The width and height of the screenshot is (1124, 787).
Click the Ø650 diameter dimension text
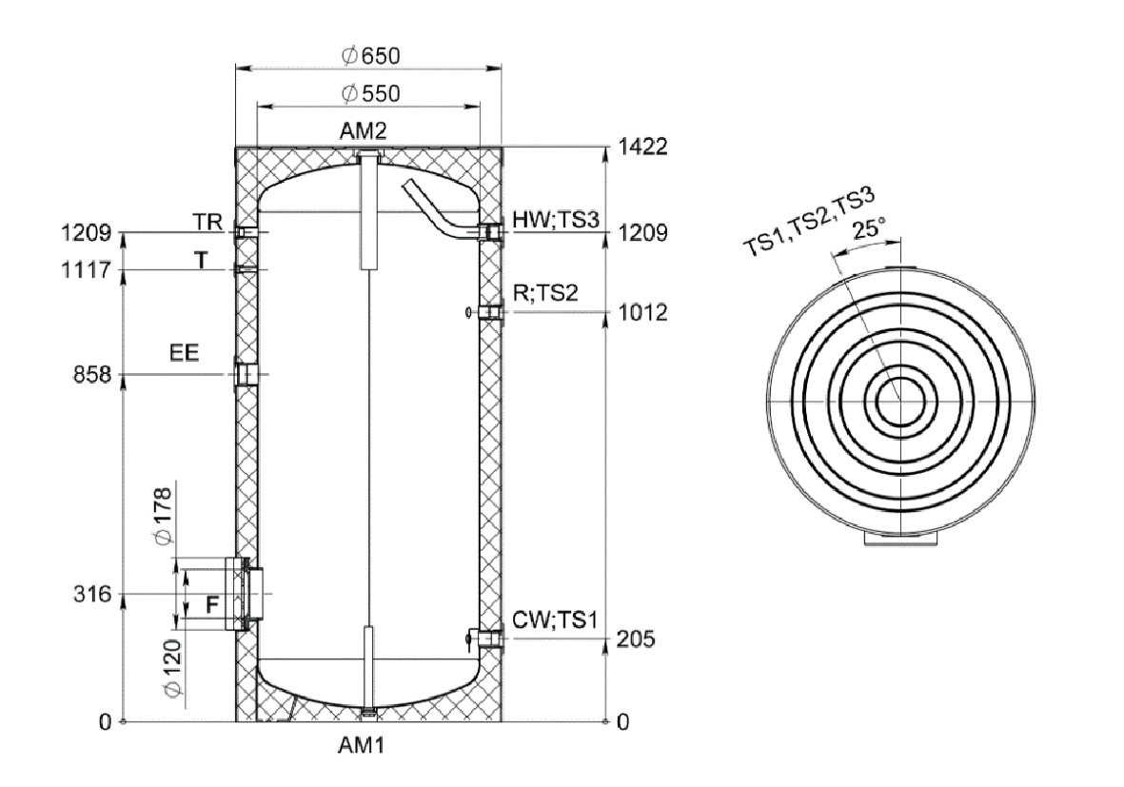[x=370, y=55]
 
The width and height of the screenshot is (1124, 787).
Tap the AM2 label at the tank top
[x=366, y=131]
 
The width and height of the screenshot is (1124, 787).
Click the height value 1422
[x=636, y=148]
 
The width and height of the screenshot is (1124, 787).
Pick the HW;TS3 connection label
[x=555, y=218]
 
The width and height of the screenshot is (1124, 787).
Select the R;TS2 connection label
[x=545, y=294]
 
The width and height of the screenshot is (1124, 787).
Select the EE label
[x=185, y=353]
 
